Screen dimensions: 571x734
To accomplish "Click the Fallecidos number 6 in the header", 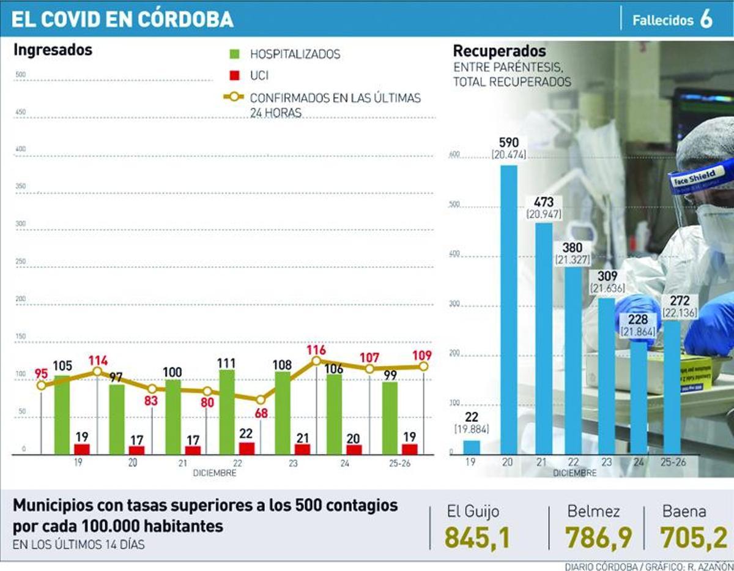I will (x=706, y=20).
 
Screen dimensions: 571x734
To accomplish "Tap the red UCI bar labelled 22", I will (x=247, y=449).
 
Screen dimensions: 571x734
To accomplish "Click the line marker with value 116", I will (x=316, y=361).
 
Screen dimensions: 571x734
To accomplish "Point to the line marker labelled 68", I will (x=261, y=399).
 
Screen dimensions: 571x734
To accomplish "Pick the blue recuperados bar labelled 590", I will (x=509, y=309).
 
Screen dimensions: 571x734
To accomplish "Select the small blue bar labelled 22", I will (x=472, y=447).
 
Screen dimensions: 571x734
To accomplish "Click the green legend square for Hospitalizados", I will (x=234, y=54).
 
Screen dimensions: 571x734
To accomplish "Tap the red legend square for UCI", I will (x=234, y=76).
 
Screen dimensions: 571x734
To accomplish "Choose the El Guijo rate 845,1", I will (x=477, y=537).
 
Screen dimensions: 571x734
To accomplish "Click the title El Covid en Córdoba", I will (x=122, y=20).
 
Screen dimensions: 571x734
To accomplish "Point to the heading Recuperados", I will (x=499, y=51).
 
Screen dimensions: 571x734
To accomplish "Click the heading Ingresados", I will (x=53, y=50).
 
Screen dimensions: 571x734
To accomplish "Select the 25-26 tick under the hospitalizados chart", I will (x=399, y=464).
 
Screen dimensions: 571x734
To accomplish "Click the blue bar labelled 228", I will (x=639, y=397).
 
